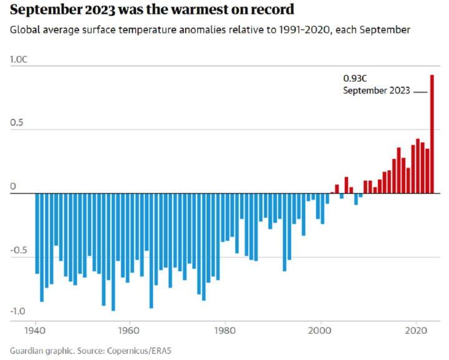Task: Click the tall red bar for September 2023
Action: pyautogui.click(x=432, y=134)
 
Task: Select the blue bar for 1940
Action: pyautogui.click(x=37, y=233)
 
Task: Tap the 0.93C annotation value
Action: pyautogui.click(x=355, y=78)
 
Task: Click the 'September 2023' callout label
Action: pyautogui.click(x=377, y=90)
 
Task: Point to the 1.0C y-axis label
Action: pyautogui.click(x=19, y=59)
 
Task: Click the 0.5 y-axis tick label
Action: pyautogui.click(x=17, y=122)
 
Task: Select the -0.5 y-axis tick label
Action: pyautogui.click(x=19, y=250)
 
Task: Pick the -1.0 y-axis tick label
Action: pyautogui.click(x=17, y=311)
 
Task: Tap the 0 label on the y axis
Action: pyautogui.click(x=13, y=187)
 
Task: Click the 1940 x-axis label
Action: pyautogui.click(x=35, y=331)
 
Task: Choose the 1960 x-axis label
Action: pyautogui.click(x=129, y=331)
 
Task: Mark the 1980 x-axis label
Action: pyautogui.click(x=224, y=331)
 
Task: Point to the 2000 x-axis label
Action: pyautogui.click(x=320, y=331)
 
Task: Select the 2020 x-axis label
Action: pyautogui.click(x=416, y=331)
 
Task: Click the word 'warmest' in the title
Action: pyautogui.click(x=199, y=9)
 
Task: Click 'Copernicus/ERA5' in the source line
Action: pyautogui.click(x=139, y=351)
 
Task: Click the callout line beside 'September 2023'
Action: pyautogui.click(x=420, y=92)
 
